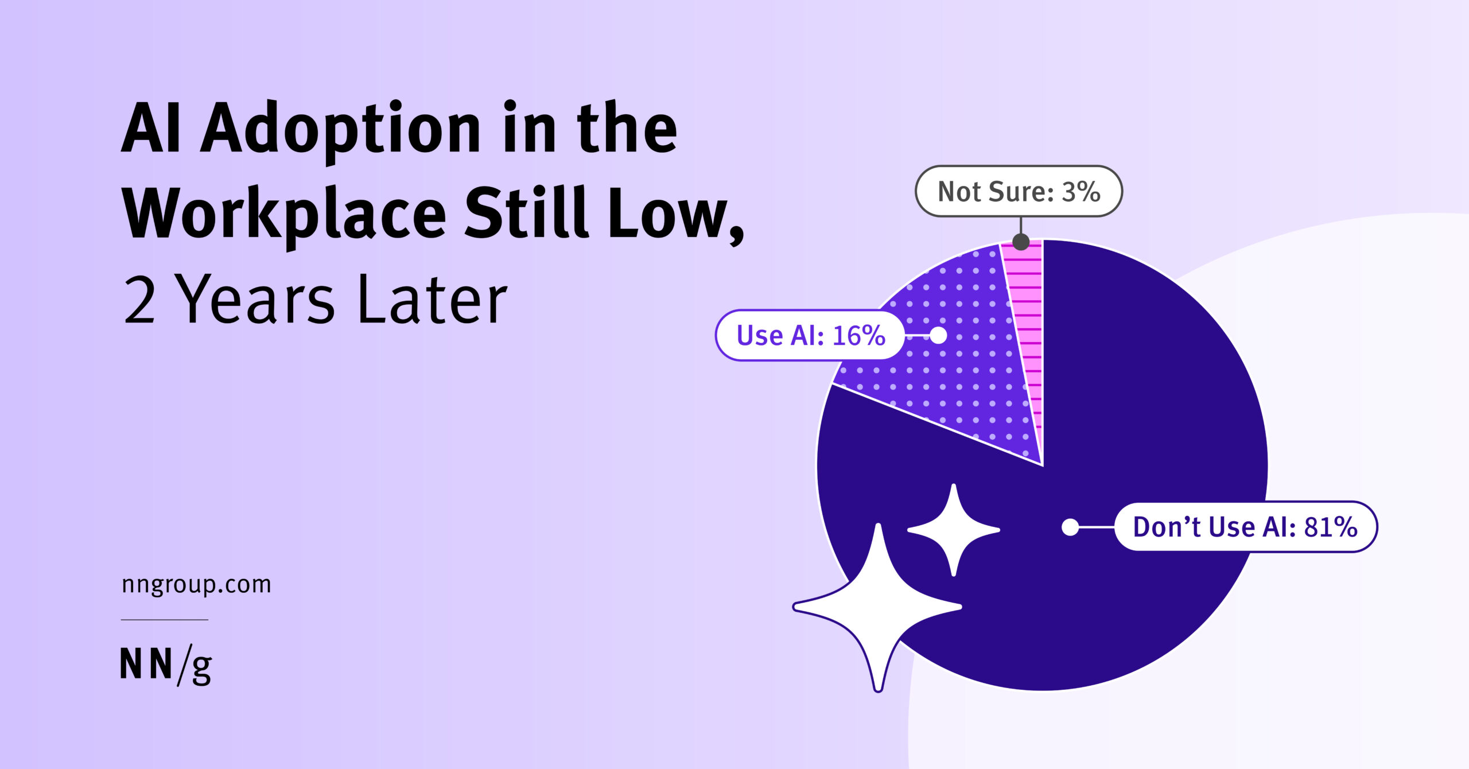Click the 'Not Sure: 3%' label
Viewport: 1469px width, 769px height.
1019,191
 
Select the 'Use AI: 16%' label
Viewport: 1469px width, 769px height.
810,335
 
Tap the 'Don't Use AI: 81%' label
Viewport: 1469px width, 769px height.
1245,527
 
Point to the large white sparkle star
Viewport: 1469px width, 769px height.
877,607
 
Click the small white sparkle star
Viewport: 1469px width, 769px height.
954,530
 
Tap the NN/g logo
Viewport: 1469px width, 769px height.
166,666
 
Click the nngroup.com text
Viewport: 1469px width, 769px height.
196,585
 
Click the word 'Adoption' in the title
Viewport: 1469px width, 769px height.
340,131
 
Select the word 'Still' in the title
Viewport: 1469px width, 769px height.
527,212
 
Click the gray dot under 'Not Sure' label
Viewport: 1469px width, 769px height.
1021,242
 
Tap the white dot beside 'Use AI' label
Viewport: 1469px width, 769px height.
938,335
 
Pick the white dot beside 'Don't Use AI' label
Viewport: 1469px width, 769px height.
1070,527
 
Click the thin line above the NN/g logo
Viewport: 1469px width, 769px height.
164,620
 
